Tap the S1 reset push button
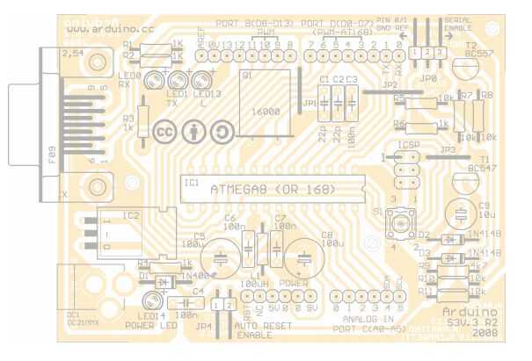[402, 224]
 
